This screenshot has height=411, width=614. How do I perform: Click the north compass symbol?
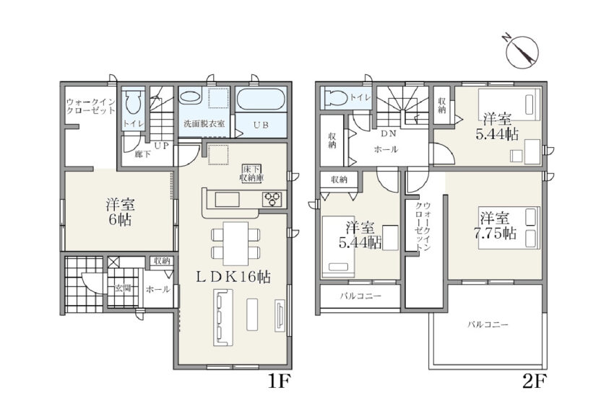[522, 50]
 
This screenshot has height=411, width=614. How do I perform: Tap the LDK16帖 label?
[233, 277]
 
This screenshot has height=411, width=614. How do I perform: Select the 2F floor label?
[534, 381]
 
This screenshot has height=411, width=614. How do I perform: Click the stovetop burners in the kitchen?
[272, 199]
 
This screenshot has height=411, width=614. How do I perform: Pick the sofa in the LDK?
[222, 317]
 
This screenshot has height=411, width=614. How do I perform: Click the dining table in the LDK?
[235, 244]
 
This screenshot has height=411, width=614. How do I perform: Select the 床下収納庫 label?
[251, 173]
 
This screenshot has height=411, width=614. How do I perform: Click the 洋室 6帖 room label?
[120, 212]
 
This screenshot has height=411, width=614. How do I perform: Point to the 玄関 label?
[123, 288]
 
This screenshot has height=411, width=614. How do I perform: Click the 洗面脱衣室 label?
[204, 124]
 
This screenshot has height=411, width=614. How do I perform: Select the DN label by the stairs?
[389, 133]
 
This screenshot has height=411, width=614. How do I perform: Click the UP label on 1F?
[161, 146]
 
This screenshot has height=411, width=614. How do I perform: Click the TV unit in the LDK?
[280, 316]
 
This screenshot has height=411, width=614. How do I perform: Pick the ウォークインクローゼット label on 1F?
[91, 106]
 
